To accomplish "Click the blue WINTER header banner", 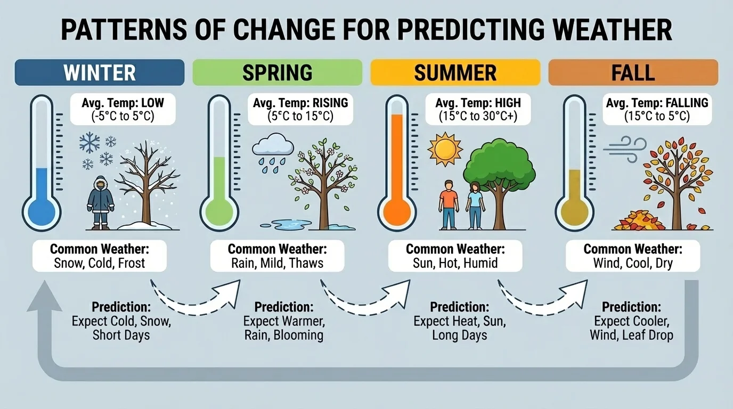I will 100,72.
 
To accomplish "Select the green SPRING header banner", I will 277,72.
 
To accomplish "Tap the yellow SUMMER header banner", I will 455,72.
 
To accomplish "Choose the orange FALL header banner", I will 633,72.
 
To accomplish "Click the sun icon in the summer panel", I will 445,150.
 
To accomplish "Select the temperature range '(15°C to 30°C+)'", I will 478,116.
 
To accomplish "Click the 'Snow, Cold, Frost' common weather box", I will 100,256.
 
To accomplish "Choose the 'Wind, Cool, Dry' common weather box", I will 633,256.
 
